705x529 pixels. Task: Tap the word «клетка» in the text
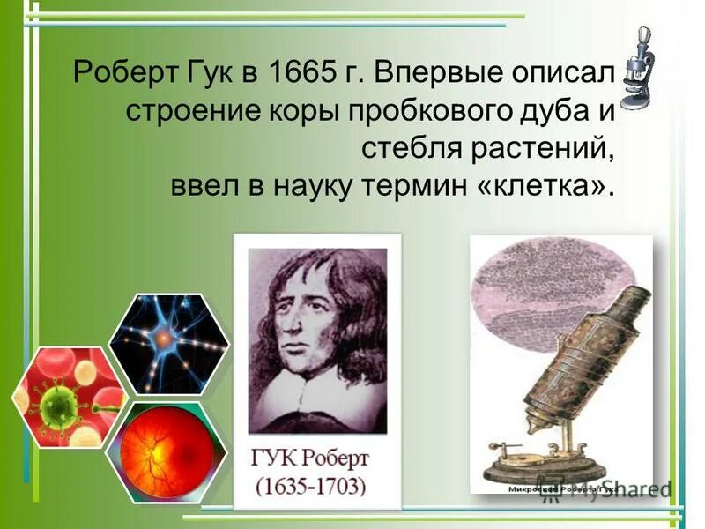(x=545, y=186)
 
